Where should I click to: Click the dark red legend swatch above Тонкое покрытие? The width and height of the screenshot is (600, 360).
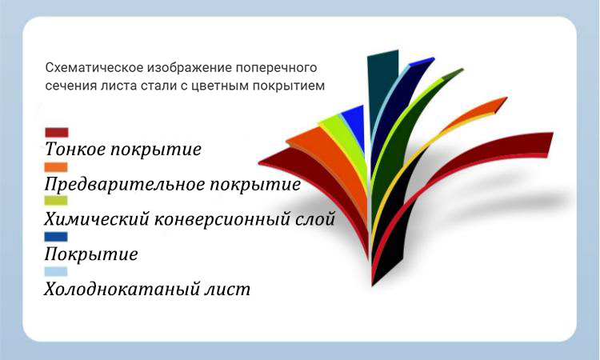57,132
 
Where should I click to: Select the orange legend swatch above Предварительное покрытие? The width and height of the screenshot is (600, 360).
57,166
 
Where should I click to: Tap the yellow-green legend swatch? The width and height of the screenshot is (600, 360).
57,200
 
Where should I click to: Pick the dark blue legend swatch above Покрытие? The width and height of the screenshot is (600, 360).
57,237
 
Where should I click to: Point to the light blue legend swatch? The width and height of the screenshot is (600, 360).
57,271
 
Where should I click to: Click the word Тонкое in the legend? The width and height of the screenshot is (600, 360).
76,150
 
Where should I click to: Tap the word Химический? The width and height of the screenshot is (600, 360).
92,219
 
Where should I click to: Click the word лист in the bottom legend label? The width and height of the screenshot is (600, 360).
231,289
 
